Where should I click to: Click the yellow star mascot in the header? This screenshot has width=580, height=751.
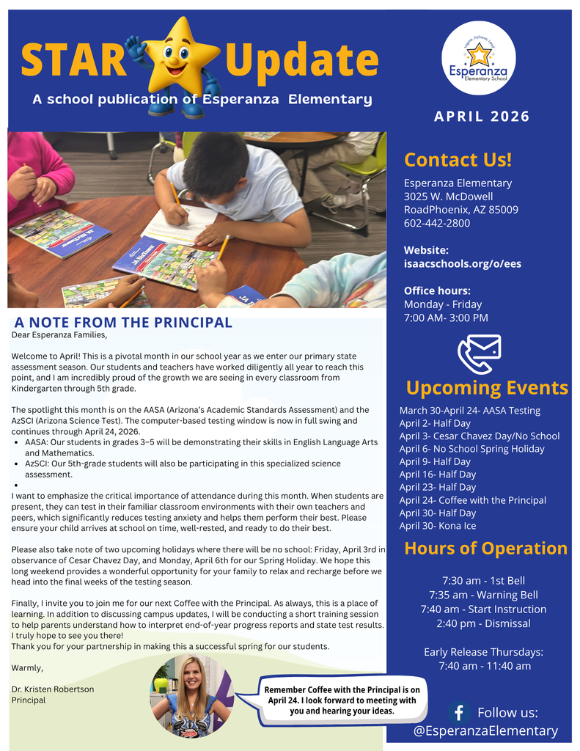[175, 66]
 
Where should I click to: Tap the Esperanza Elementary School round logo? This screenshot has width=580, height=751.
[478, 58]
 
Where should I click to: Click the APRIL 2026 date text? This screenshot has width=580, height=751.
[481, 117]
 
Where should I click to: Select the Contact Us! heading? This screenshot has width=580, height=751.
[458, 159]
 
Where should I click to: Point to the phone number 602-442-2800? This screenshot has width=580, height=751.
[437, 223]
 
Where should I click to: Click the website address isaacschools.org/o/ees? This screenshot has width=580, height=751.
[462, 263]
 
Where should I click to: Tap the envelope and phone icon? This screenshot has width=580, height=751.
[479, 353]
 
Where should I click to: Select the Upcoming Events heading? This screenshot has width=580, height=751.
[487, 387]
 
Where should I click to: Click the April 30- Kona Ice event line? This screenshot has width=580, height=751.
[437, 526]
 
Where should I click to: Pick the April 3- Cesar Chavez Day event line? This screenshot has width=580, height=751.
[479, 436]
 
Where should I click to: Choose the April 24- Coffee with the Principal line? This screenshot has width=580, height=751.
[472, 500]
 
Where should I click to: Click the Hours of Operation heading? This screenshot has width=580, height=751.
[485, 548]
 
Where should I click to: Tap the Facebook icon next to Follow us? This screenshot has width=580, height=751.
[459, 712]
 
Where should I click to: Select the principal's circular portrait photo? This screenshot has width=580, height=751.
[193, 695]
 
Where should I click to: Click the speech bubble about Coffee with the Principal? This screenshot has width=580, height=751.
[341, 700]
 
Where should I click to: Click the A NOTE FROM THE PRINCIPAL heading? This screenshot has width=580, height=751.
[123, 322]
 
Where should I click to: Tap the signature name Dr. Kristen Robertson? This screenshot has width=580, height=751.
[53, 689]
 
